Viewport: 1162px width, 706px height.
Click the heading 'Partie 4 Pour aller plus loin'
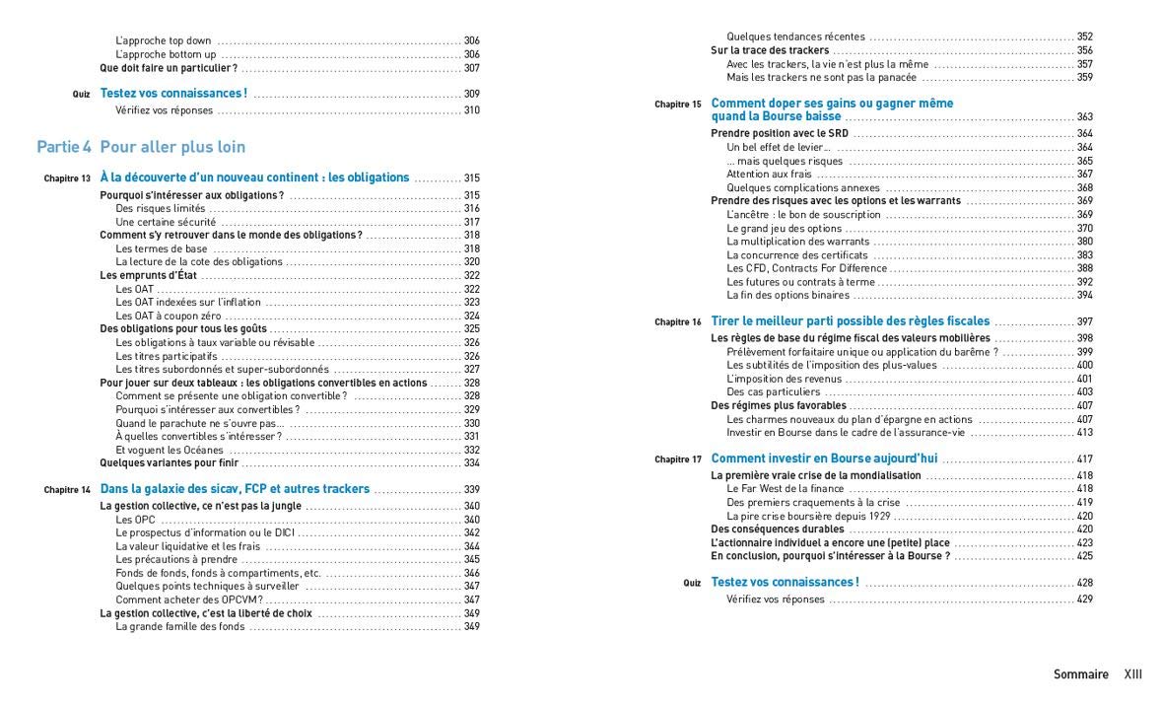(x=141, y=147)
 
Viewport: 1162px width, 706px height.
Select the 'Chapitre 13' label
(x=67, y=178)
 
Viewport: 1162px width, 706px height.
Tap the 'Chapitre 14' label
(x=67, y=490)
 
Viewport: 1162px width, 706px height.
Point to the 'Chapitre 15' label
(x=678, y=104)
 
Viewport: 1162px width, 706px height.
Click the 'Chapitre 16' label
(x=678, y=322)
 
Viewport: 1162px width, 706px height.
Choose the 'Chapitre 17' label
(x=678, y=459)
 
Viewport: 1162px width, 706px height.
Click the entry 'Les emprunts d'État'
(x=148, y=275)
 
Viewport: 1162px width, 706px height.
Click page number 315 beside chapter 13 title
(x=471, y=178)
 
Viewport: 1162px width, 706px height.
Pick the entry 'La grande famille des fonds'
(x=180, y=626)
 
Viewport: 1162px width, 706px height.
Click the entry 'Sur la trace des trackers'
(x=770, y=50)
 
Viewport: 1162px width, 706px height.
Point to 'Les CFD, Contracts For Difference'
(x=806, y=268)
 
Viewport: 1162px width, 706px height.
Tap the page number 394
(x=1084, y=295)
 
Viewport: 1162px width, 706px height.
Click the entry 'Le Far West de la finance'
(x=786, y=488)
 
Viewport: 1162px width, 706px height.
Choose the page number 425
(x=1084, y=556)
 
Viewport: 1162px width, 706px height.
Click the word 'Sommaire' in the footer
(x=1080, y=674)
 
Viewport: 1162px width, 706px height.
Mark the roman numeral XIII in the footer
(x=1132, y=674)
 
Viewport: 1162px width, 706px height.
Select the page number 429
(x=1084, y=600)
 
